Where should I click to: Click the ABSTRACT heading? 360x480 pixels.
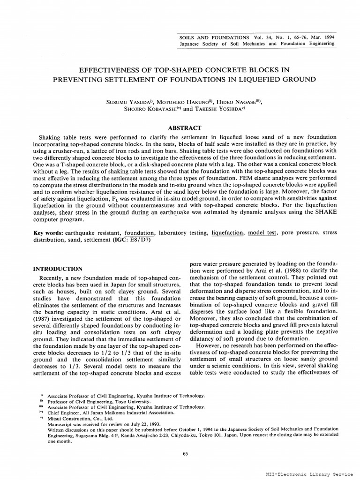(x=185, y=128)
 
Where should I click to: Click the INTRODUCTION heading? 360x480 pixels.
(x=57, y=269)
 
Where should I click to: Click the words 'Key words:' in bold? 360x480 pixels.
(x=48, y=232)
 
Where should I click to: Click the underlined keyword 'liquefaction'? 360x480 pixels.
(x=227, y=232)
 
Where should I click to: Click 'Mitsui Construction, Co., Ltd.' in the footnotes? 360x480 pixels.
(x=77, y=418)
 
